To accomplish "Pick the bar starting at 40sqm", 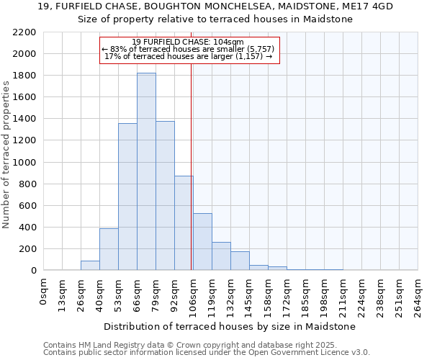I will [x=109, y=249].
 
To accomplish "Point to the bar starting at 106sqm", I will [x=202, y=242].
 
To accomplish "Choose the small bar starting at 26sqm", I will [x=90, y=265].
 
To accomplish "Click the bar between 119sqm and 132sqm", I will [x=221, y=256].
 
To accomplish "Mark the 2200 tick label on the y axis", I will [x=24, y=32].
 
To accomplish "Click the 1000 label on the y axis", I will [x=24, y=163].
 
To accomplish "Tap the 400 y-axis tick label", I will [x=27, y=228].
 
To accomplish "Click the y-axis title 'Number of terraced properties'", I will [x=6, y=155].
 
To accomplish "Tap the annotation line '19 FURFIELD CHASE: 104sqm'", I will [x=188, y=42].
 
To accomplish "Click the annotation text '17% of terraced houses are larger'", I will [x=188, y=55].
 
